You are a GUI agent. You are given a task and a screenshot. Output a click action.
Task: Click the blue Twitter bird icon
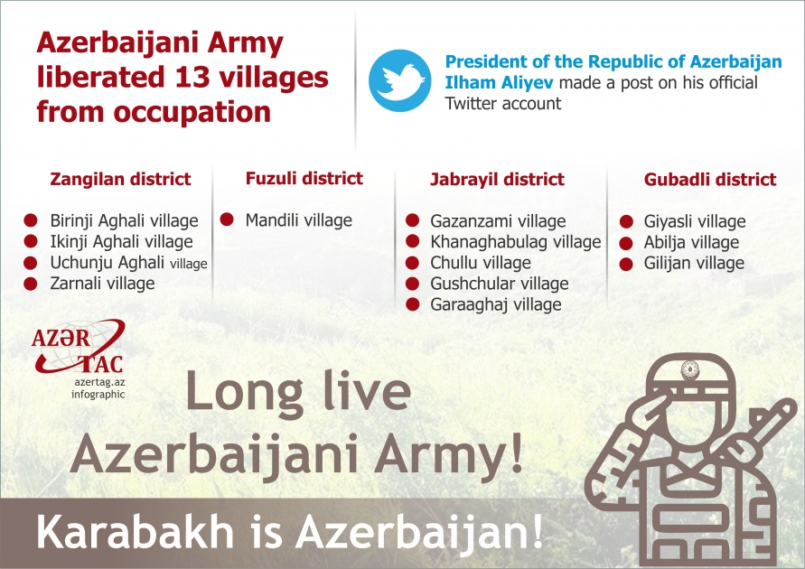pyautogui.click(x=400, y=79)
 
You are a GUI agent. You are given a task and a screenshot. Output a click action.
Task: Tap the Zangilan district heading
pyautogui.click(x=120, y=179)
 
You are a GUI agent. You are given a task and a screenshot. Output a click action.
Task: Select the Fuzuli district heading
pyautogui.click(x=304, y=178)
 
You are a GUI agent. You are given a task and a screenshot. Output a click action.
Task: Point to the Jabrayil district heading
pyautogui.click(x=497, y=179)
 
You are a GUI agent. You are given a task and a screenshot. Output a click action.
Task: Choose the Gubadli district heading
pyautogui.click(x=710, y=179)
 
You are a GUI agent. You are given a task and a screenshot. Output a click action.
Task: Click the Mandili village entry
pyautogui.click(x=298, y=220)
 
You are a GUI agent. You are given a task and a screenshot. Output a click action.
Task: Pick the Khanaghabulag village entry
pyautogui.click(x=515, y=242)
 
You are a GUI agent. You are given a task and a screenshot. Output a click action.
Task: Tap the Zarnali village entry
pyautogui.click(x=102, y=284)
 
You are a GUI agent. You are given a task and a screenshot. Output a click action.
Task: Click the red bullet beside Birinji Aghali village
pyautogui.click(x=31, y=220)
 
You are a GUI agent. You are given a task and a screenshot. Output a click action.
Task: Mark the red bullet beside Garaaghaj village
pyautogui.click(x=413, y=304)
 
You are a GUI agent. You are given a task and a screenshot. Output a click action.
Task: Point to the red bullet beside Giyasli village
pyautogui.click(x=626, y=221)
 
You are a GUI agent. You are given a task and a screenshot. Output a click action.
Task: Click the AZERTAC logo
pyautogui.click(x=77, y=348)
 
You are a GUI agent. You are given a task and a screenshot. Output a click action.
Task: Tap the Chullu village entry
pyautogui.click(x=480, y=263)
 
